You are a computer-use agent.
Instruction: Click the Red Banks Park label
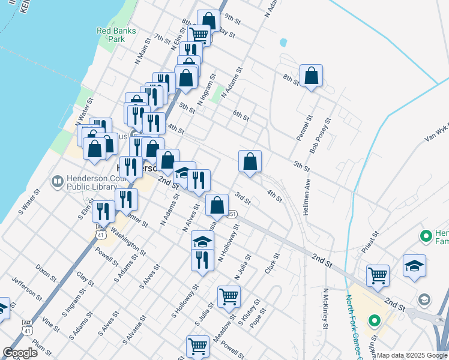pyautogui.click(x=116, y=35)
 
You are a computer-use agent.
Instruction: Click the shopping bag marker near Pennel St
pyautogui.click(x=311, y=76)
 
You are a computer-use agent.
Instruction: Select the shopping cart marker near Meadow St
pyautogui.click(x=229, y=296)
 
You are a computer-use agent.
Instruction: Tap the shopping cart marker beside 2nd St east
pyautogui.click(x=378, y=275)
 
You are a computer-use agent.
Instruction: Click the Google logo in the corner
pyautogui.click(x=20, y=353)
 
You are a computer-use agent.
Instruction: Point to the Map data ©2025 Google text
pyautogui.click(x=412, y=355)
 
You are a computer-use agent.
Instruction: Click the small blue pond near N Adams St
pyautogui.click(x=283, y=43)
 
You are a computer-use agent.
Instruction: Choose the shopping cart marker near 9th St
pyautogui.click(x=199, y=35)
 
